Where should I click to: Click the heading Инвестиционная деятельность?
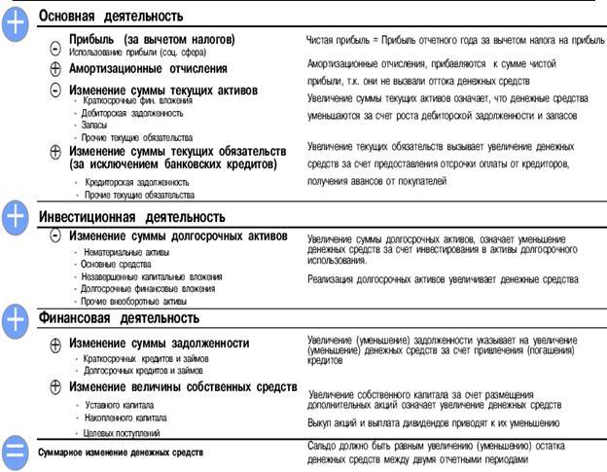(x=131, y=217)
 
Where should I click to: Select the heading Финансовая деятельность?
(x=119, y=318)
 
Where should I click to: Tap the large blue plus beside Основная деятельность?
(x=17, y=24)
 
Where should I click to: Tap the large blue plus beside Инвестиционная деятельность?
(x=17, y=219)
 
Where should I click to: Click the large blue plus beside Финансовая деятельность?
(x=17, y=320)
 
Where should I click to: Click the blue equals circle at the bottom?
(x=17, y=451)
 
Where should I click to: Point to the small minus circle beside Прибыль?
(x=55, y=45)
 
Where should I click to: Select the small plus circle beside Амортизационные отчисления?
(x=55, y=69)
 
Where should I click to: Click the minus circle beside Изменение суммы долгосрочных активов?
(x=55, y=236)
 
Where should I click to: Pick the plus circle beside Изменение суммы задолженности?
(x=55, y=344)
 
